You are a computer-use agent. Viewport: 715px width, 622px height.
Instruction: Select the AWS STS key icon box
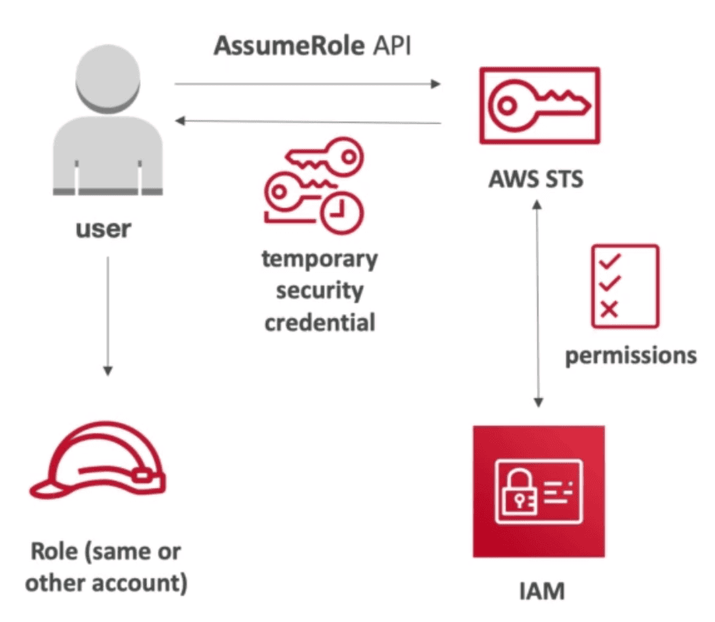click(x=539, y=105)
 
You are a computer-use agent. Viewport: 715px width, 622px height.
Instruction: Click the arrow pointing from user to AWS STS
click(x=308, y=84)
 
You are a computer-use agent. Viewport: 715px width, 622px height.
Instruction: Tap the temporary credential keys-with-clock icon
click(x=313, y=187)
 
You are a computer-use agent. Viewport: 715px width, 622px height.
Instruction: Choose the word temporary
click(x=319, y=259)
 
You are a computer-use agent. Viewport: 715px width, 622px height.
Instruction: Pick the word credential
click(x=319, y=322)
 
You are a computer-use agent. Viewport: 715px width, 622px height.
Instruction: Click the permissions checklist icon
click(x=624, y=286)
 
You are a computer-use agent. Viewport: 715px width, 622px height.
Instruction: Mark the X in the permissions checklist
click(x=610, y=309)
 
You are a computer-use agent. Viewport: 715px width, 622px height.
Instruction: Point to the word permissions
click(x=630, y=355)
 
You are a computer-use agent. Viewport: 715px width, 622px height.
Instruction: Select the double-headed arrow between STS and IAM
click(x=539, y=305)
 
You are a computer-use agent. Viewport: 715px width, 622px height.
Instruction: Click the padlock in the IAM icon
click(x=515, y=495)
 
